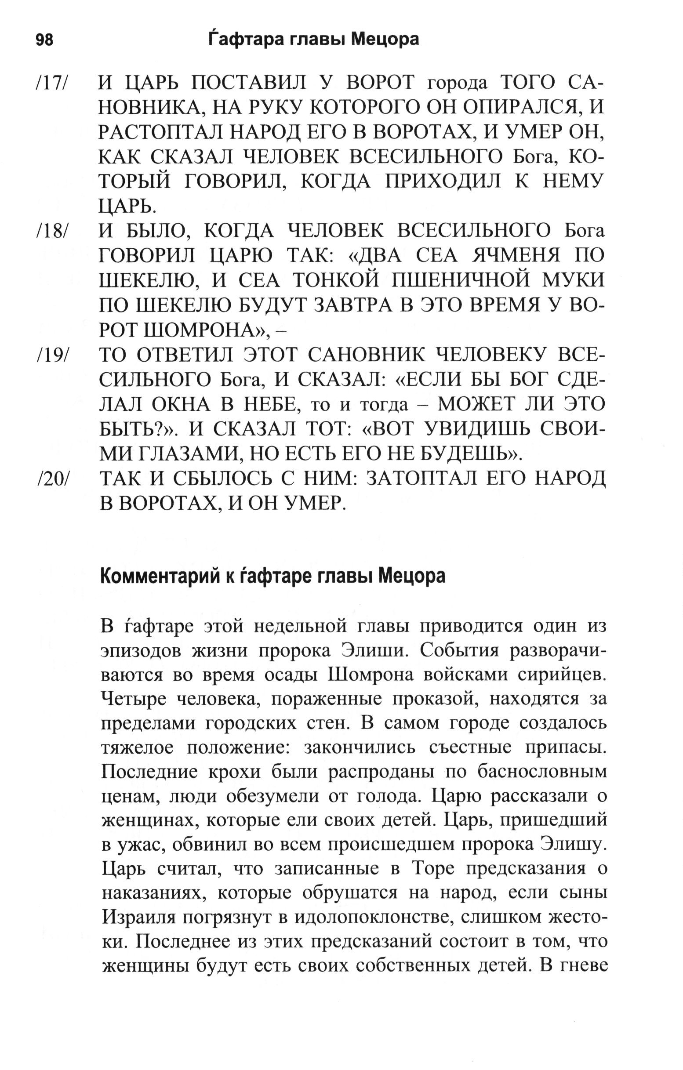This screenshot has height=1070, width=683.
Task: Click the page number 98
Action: point(44,40)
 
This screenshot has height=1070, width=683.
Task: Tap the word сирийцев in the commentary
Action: point(562,675)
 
